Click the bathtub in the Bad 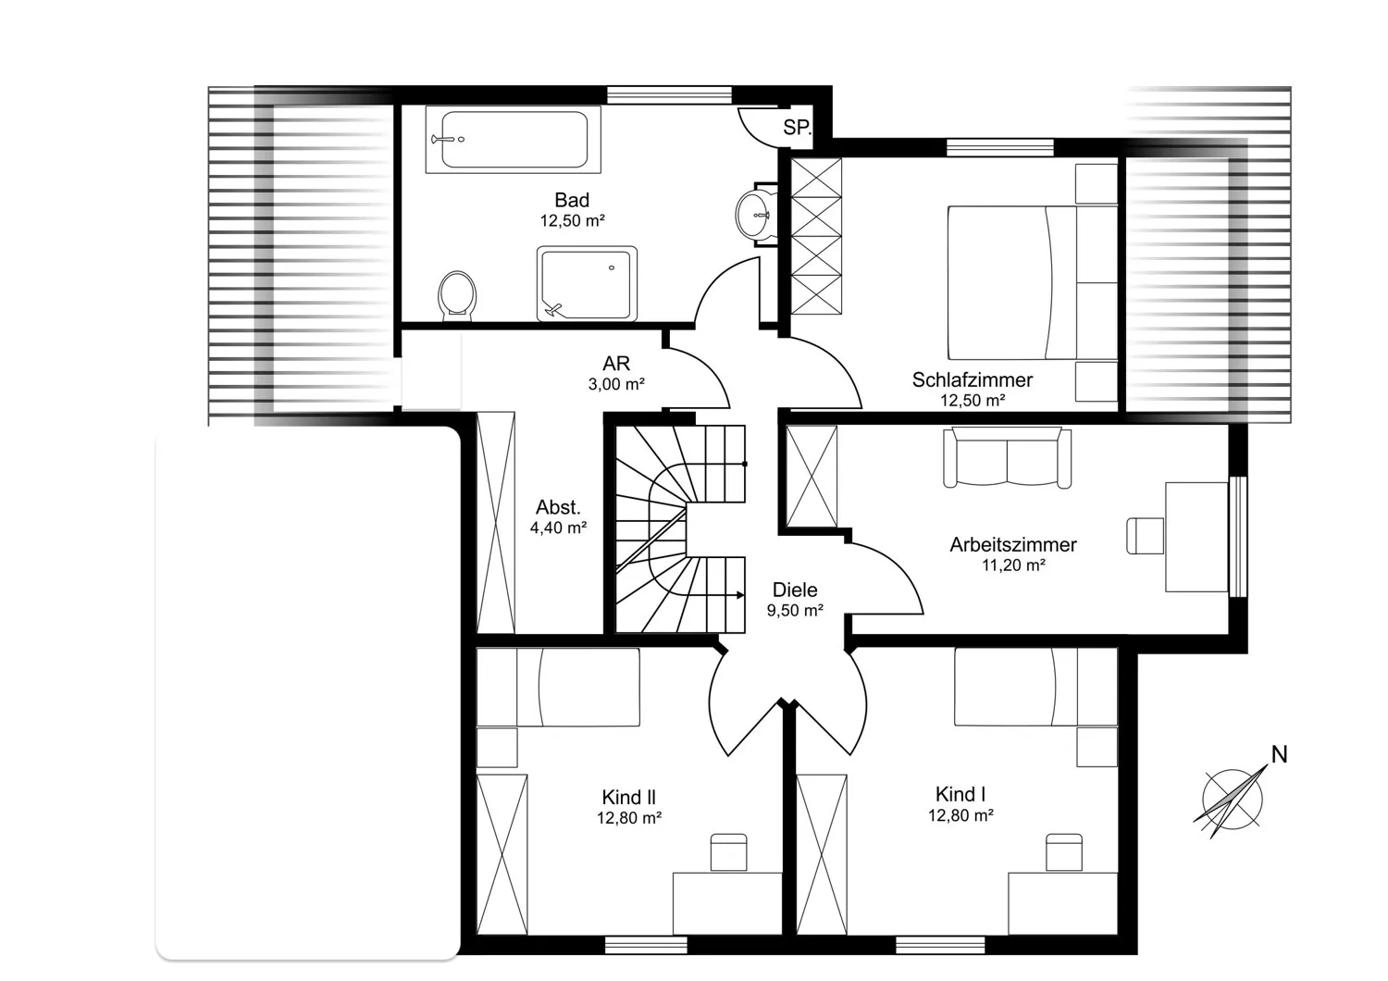(x=513, y=140)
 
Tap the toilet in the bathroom (x=457, y=295)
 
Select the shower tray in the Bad (x=587, y=284)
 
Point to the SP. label (x=797, y=128)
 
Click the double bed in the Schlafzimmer (x=1033, y=282)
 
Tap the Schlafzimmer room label (x=973, y=379)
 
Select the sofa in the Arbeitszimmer (x=1008, y=458)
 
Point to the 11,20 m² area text (x=1014, y=565)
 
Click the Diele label (x=795, y=590)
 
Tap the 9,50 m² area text (x=795, y=611)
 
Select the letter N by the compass (x=1280, y=754)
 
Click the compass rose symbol (x=1232, y=800)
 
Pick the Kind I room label (x=960, y=794)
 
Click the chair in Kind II (x=729, y=852)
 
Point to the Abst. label (x=558, y=507)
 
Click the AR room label (x=616, y=363)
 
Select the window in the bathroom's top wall (x=669, y=94)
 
